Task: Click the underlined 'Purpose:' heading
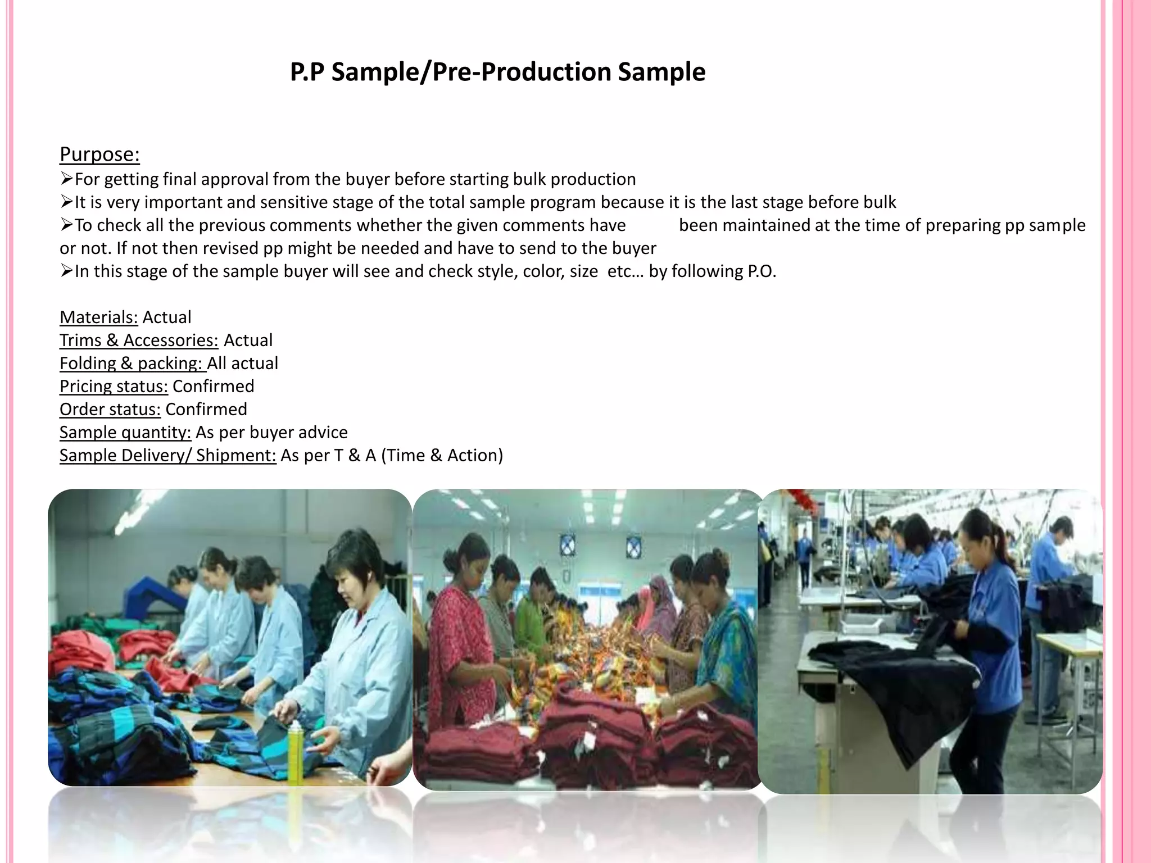99,154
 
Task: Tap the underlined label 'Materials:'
98,317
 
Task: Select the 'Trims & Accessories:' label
139,340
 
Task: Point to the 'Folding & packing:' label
132,364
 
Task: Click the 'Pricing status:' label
114,387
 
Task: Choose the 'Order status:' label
110,410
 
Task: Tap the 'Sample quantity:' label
125,433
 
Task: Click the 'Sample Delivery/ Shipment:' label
167,456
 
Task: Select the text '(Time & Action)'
442,456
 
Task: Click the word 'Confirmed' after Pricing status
213,387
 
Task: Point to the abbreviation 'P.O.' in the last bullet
762,271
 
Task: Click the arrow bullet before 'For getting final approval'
66,179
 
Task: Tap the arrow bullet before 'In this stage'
66,271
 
